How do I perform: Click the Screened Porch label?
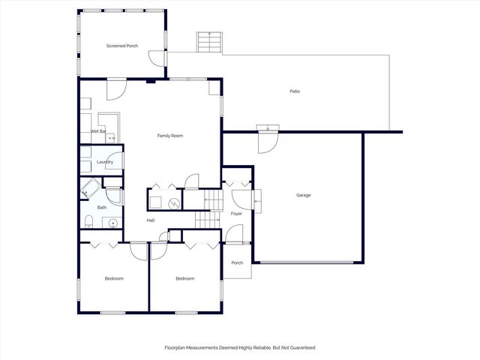click(121, 46)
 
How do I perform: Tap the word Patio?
click(295, 91)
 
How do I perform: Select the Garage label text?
click(303, 195)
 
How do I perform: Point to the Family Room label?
click(169, 136)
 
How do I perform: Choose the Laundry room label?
click(104, 162)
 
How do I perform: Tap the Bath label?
click(102, 208)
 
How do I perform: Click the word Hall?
click(150, 220)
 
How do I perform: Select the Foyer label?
click(236, 214)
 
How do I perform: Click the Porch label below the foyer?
click(237, 262)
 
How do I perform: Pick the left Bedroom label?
click(113, 278)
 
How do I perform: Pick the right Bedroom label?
click(184, 278)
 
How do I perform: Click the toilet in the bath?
click(88, 220)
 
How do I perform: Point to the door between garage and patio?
click(268, 140)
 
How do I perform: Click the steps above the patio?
click(209, 43)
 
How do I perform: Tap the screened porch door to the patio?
click(155, 58)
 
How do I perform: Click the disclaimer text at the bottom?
click(239, 347)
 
